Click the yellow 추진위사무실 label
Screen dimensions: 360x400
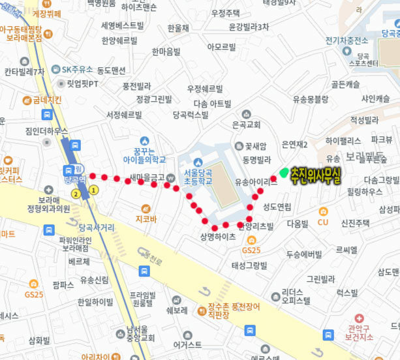click(316, 175)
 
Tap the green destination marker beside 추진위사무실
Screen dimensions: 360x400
click(284, 172)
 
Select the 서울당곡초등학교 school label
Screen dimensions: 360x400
click(200, 176)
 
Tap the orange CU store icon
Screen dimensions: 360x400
click(323, 211)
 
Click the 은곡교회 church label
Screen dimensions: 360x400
click(246, 124)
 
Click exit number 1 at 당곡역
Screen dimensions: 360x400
click(94, 190)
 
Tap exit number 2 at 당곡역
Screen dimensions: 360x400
click(77, 194)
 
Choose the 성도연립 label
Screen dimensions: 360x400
click(277, 207)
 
